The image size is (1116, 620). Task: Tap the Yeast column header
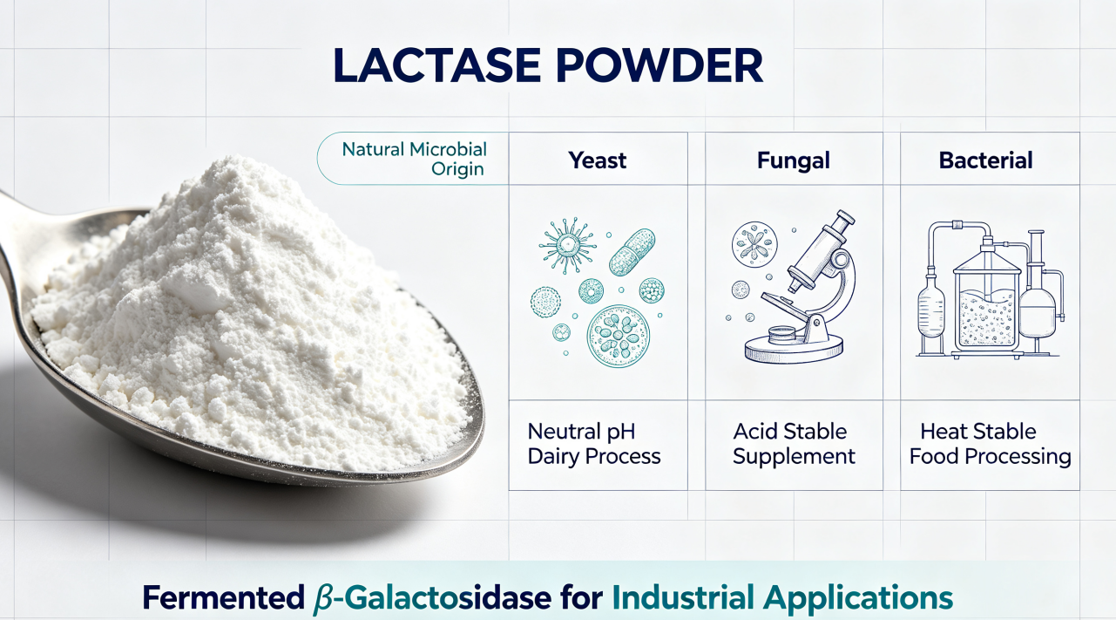(598, 160)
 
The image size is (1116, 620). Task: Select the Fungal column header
(794, 160)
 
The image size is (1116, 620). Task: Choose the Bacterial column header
(985, 160)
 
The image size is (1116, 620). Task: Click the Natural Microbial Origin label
(414, 159)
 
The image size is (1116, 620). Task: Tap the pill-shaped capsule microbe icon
(632, 252)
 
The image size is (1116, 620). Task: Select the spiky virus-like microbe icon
(567, 245)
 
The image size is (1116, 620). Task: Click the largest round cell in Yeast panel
(619, 336)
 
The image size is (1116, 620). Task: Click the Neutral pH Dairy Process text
(594, 444)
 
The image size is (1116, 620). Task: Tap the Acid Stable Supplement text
(794, 444)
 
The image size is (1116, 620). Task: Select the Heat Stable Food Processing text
(990, 444)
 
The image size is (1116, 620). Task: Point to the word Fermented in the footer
(223, 597)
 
